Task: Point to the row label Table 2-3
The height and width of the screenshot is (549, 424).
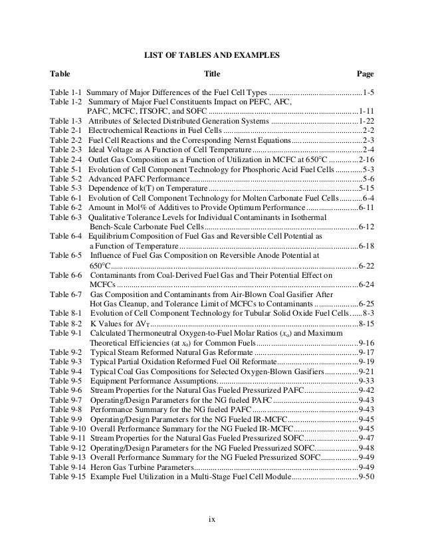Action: point(65,150)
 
